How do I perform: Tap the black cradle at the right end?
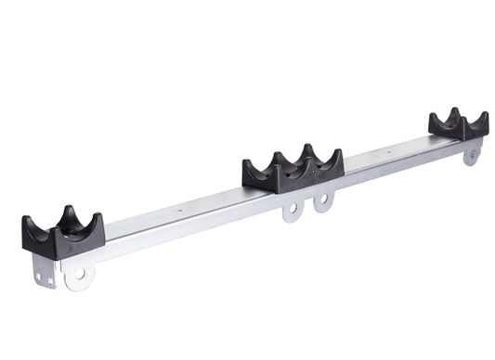pos(458,125)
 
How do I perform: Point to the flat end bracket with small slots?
pos(43,271)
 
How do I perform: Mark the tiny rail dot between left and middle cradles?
pos(179,210)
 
